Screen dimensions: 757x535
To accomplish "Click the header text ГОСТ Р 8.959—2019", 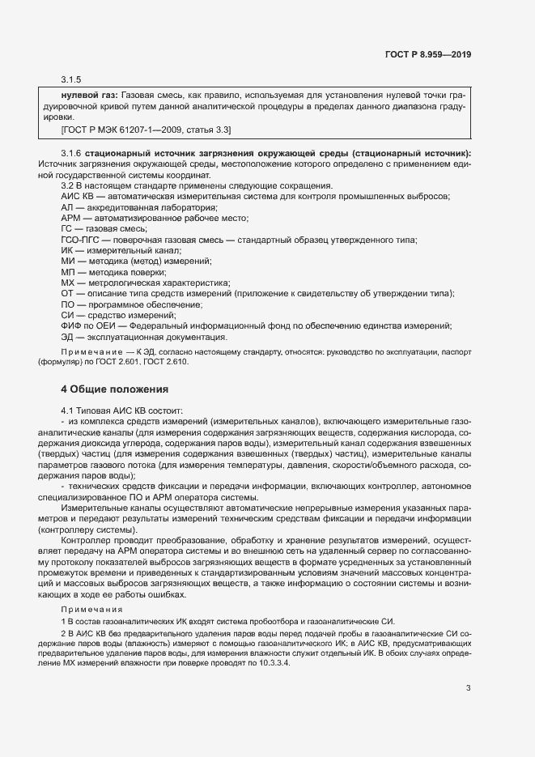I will click(x=430, y=54).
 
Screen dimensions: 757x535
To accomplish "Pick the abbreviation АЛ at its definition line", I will click(x=67, y=207).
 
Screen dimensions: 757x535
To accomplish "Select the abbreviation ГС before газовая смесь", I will click(x=67, y=229).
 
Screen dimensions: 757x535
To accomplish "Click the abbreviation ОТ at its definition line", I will click(x=67, y=293).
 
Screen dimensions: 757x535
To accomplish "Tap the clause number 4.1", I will click(x=68, y=410).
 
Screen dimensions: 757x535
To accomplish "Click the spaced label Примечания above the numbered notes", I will click(x=91, y=608).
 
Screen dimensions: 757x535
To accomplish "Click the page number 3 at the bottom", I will click(x=468, y=689).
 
